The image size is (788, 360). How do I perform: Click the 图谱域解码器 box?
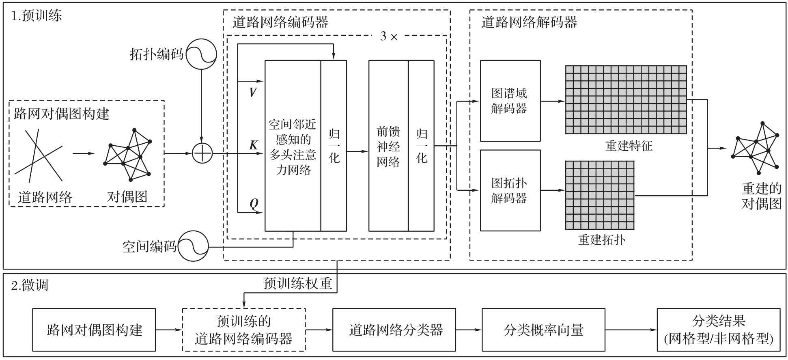(x=510, y=101)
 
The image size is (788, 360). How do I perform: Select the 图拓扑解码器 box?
(x=510, y=190)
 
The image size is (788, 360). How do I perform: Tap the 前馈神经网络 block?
(x=388, y=146)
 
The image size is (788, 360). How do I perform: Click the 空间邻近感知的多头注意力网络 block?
(x=293, y=146)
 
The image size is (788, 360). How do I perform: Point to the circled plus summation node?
(x=202, y=153)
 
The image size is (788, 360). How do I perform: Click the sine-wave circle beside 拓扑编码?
(x=201, y=54)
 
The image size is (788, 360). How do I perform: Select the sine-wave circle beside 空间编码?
(x=193, y=246)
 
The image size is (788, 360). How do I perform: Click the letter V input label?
(x=253, y=93)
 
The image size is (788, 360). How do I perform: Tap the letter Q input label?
(x=254, y=204)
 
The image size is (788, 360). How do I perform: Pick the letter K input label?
(x=254, y=145)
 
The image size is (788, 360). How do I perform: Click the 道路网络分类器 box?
(x=394, y=330)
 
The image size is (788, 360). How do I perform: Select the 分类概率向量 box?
(x=543, y=330)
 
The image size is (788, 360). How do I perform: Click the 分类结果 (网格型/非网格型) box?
(x=718, y=330)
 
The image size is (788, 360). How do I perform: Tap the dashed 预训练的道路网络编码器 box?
(x=243, y=330)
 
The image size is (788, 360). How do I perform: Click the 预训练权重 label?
(x=297, y=283)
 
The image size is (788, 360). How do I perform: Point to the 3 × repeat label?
(x=389, y=37)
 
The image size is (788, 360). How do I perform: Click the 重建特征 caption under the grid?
(x=629, y=146)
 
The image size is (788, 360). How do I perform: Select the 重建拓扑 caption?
(x=601, y=239)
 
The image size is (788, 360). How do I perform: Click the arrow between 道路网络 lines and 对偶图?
(x=84, y=154)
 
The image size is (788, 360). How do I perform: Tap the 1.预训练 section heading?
(x=37, y=16)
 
